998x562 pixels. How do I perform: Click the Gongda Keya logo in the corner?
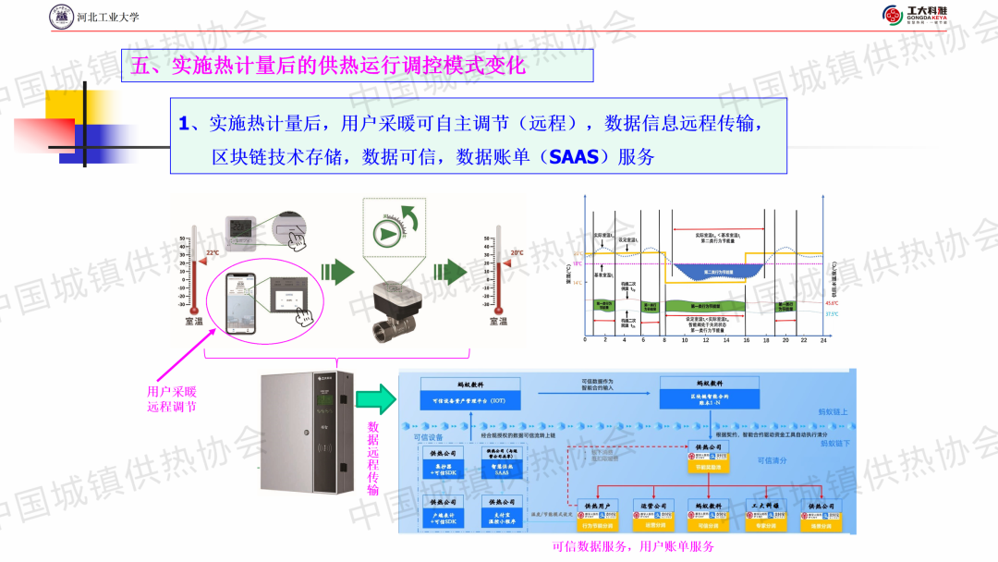coord(920,15)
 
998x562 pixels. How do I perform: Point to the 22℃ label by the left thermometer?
coord(213,252)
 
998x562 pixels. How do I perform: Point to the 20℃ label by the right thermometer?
coord(516,252)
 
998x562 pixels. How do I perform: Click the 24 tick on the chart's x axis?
coord(822,340)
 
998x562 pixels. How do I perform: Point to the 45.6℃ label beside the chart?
coord(831,302)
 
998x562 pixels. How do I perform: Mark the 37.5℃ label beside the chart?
coord(831,314)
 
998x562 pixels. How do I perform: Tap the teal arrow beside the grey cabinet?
coord(376,399)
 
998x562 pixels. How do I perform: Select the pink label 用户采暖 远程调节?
coord(172,398)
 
